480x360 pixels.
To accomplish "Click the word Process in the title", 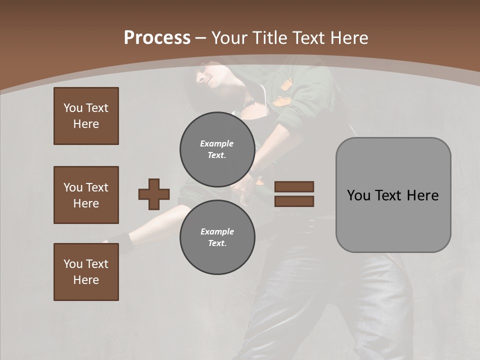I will tap(157, 37).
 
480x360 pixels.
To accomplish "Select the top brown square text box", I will tap(86, 116).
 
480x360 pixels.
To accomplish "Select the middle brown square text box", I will tap(86, 195).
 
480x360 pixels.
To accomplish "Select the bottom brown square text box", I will tap(86, 272).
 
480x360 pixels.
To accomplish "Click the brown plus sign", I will tap(154, 194).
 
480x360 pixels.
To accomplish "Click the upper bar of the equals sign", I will tap(294, 187).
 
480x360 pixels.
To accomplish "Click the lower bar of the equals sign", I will tap(294, 201).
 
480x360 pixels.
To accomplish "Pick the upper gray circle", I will tap(217, 149).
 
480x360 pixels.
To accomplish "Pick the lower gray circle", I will tap(217, 237).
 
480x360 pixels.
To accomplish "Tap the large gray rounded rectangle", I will tap(393, 220).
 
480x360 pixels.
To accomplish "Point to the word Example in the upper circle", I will tap(216, 143).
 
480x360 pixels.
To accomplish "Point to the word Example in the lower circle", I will tap(217, 231).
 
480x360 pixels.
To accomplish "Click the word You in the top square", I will tap(73, 108).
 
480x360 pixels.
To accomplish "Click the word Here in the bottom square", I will tap(86, 280).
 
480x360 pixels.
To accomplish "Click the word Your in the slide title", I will tap(229, 37).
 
